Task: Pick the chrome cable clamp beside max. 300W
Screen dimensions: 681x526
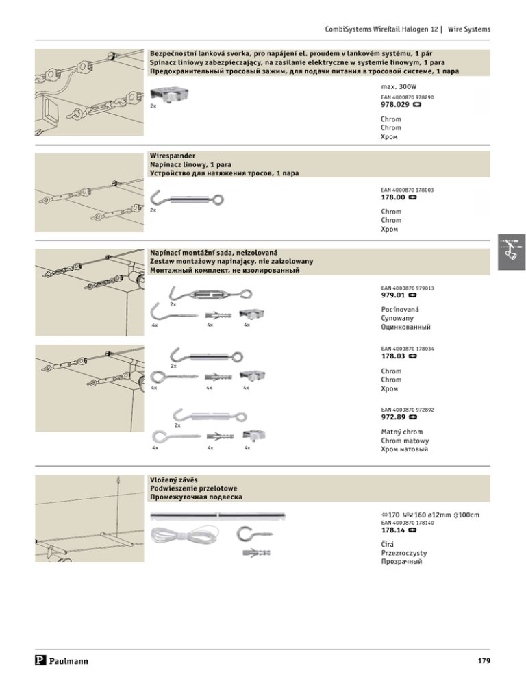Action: point(171,92)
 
